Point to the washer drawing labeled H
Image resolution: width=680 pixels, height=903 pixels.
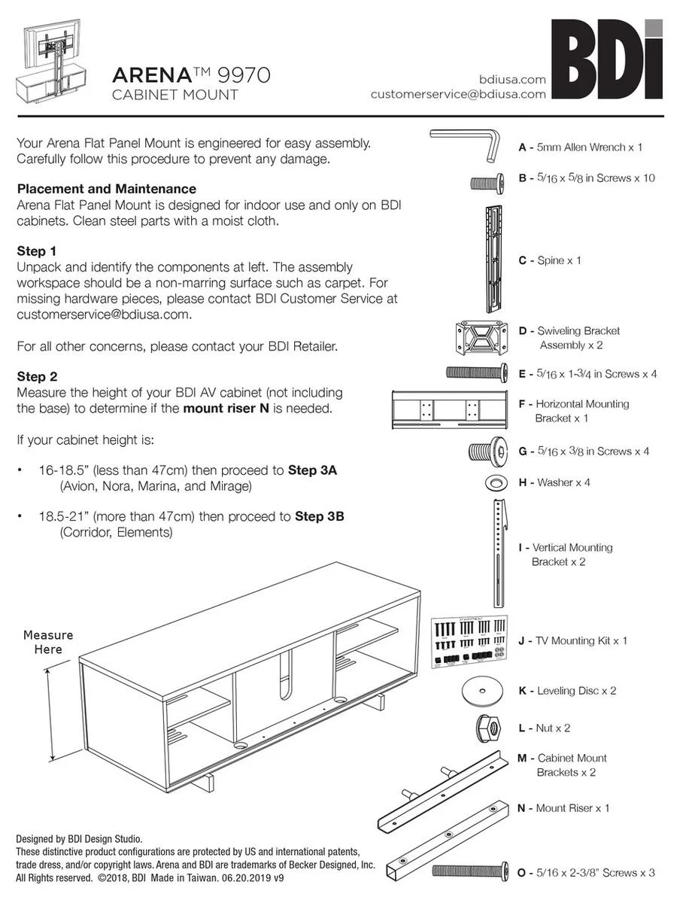[496, 482]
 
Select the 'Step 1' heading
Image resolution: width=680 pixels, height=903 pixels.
[37, 251]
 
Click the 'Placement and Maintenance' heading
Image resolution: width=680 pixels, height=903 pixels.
[106, 189]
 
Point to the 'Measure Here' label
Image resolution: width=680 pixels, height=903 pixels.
[48, 642]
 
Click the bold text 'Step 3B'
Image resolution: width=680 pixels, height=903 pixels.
[320, 517]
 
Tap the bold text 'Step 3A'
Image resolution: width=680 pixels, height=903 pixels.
[312, 470]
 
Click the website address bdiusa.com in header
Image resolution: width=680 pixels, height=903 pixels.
[512, 79]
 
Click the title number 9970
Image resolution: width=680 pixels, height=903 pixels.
[243, 75]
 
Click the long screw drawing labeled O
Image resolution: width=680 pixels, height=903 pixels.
[472, 871]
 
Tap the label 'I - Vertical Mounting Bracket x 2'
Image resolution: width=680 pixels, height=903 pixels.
[566, 555]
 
